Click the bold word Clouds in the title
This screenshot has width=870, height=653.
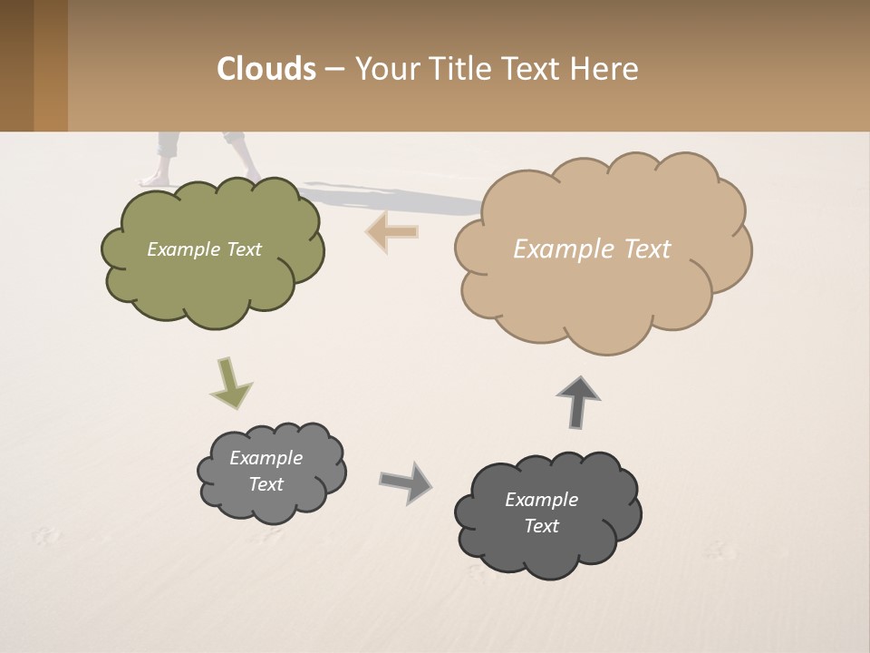(x=266, y=69)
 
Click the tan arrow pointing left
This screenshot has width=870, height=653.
(x=391, y=231)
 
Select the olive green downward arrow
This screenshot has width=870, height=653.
(x=230, y=384)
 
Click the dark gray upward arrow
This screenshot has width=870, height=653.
(x=578, y=402)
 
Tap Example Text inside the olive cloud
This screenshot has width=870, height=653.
(x=204, y=249)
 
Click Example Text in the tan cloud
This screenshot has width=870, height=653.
(x=592, y=249)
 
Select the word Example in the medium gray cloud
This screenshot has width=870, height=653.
(x=266, y=458)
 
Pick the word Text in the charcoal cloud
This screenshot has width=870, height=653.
(x=541, y=526)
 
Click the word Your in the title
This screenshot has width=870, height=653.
(x=383, y=69)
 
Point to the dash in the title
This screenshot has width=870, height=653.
(x=333, y=70)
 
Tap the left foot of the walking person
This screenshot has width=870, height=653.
(x=159, y=178)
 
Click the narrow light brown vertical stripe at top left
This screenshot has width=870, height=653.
(x=51, y=65)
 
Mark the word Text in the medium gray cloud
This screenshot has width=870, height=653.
(x=266, y=484)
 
